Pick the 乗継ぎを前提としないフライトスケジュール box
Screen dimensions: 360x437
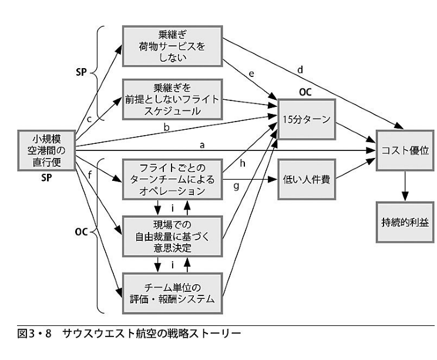pyautogui.click(x=172, y=99)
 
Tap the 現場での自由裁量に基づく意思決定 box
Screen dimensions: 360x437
pyautogui.click(x=172, y=236)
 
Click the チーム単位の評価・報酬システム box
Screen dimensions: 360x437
pyautogui.click(x=172, y=292)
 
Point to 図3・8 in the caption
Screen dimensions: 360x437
pyautogui.click(x=35, y=335)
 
